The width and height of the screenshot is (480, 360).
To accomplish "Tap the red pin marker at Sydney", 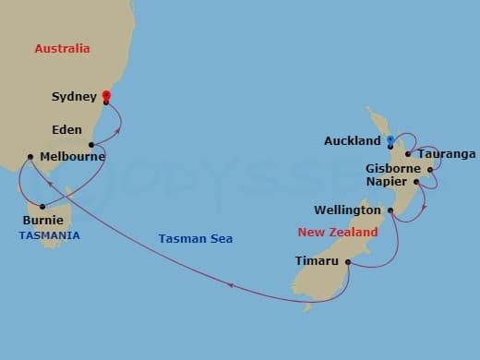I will pyautogui.click(x=106, y=95).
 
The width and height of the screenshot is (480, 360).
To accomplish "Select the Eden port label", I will pyautogui.click(x=66, y=130).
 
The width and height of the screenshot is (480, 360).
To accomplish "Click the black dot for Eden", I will pyautogui.click(x=91, y=145).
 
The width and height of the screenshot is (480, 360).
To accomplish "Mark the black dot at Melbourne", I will pyautogui.click(x=30, y=157).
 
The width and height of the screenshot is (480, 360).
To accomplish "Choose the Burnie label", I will pyautogui.click(x=43, y=221).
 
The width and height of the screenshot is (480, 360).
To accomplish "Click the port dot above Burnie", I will pyautogui.click(x=42, y=206).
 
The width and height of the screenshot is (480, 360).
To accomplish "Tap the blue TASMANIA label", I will pyautogui.click(x=49, y=235).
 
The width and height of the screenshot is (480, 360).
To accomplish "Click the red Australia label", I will pyautogui.click(x=63, y=48).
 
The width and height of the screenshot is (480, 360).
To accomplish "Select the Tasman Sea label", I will pyautogui.click(x=194, y=238).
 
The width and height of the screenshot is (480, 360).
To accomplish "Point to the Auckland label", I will pyautogui.click(x=353, y=141).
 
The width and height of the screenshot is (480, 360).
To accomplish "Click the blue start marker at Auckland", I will pyautogui.click(x=390, y=140).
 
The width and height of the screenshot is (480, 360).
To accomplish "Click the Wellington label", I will pyautogui.click(x=348, y=210).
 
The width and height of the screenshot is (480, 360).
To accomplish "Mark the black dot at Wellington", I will pyautogui.click(x=390, y=211).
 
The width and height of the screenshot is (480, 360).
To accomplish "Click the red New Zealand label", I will pyautogui.click(x=338, y=233).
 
